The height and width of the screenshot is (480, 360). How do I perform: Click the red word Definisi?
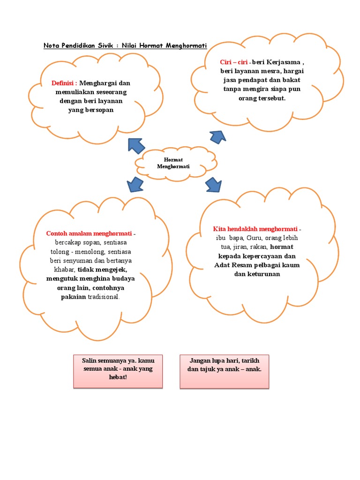[x=64, y=83]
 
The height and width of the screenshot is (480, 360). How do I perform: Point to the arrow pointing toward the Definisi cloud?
[x=136, y=145]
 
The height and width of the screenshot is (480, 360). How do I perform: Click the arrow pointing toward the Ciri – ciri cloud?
[x=217, y=136]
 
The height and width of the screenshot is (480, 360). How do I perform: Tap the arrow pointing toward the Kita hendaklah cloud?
[x=213, y=184]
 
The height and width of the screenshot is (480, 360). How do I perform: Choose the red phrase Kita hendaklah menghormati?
[x=255, y=229]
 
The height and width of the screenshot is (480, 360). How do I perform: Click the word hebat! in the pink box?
[x=118, y=377]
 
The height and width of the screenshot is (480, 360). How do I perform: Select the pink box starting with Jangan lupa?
[x=224, y=371]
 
